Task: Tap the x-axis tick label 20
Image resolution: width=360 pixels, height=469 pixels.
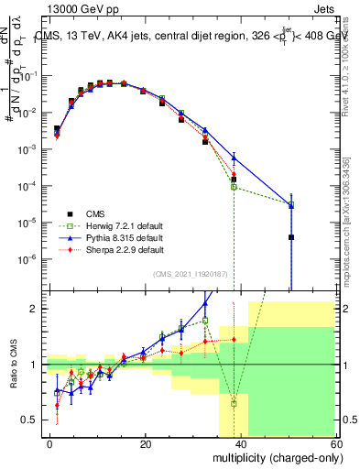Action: (x=146, y=443)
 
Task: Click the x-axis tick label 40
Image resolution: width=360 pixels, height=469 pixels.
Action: (x=240, y=443)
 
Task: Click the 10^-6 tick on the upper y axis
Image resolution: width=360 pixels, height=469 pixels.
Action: (x=27, y=259)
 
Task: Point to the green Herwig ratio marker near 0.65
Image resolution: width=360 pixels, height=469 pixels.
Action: (x=234, y=403)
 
